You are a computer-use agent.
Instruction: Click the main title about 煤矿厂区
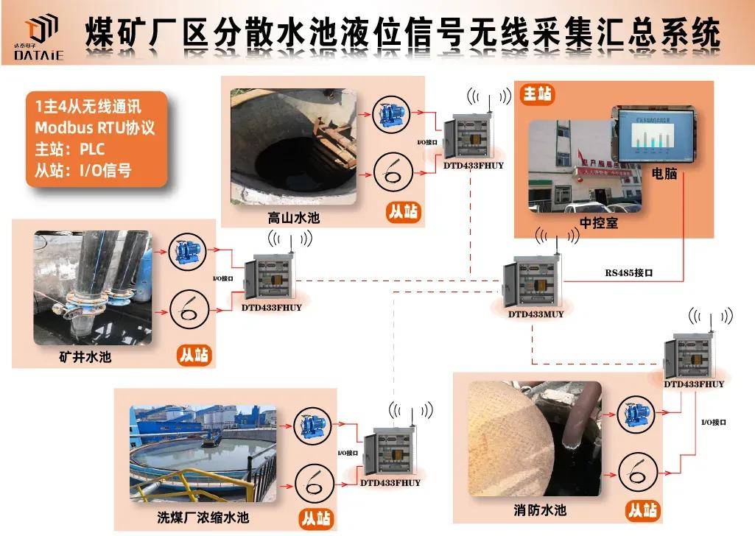[402, 33]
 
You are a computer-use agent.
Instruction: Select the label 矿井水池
[85, 357]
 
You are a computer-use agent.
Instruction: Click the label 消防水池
[540, 509]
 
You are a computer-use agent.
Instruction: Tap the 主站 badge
[538, 94]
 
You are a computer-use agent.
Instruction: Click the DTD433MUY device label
[535, 314]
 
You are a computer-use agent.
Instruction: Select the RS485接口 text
[629, 272]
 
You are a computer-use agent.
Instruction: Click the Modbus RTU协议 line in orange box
[95, 127]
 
